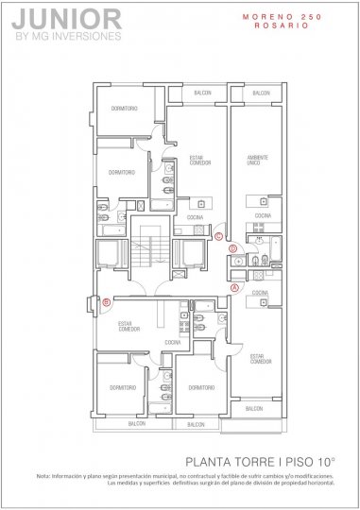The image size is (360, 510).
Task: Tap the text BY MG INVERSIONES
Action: pos(69,37)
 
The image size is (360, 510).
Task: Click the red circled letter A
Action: pos(234,286)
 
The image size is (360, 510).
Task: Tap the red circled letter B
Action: pos(107,302)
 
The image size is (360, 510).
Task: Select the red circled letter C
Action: pos(219,236)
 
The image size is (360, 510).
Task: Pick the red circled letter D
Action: pos(234,250)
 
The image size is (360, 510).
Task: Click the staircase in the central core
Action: pos(149,252)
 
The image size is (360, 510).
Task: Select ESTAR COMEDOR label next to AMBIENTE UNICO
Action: pos(199,161)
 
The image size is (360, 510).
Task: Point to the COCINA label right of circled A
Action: pos(259,294)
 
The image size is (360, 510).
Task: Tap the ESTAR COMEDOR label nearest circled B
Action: pos(129,327)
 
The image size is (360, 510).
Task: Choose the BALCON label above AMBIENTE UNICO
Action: pos(260,93)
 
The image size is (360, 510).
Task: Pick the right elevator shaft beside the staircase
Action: pos(191,253)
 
